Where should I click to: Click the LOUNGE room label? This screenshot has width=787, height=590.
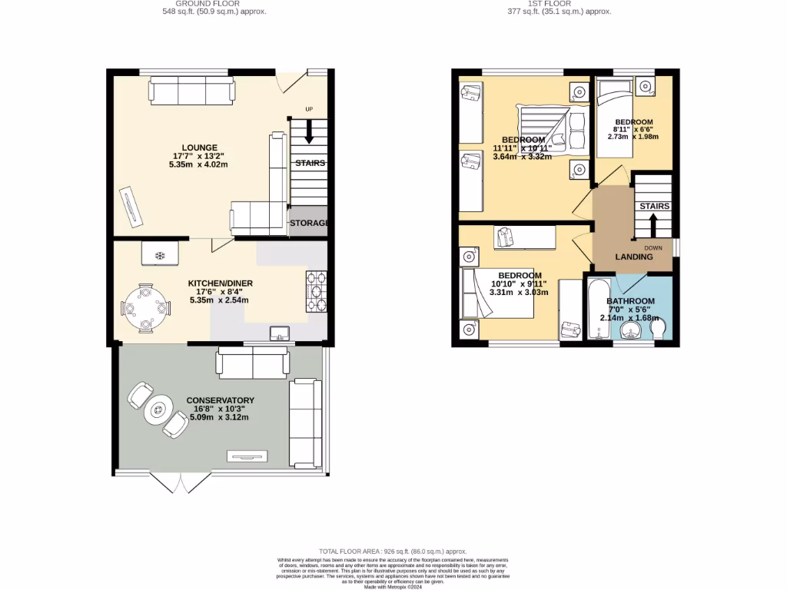(199, 147)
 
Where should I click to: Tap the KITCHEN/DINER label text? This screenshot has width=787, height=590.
(221, 283)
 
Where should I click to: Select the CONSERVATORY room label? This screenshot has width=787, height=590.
(220, 400)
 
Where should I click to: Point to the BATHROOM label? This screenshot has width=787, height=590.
(630, 301)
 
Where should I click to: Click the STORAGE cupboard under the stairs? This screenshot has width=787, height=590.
(309, 223)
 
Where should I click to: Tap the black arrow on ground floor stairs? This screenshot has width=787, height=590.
(309, 134)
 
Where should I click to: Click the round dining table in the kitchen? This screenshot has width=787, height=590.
(146, 309)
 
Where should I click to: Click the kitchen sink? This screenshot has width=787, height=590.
(280, 333)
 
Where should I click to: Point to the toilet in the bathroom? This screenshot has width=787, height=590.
(659, 329)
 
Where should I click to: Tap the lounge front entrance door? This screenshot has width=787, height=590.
(289, 83)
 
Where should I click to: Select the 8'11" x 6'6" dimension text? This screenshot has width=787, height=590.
(633, 130)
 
